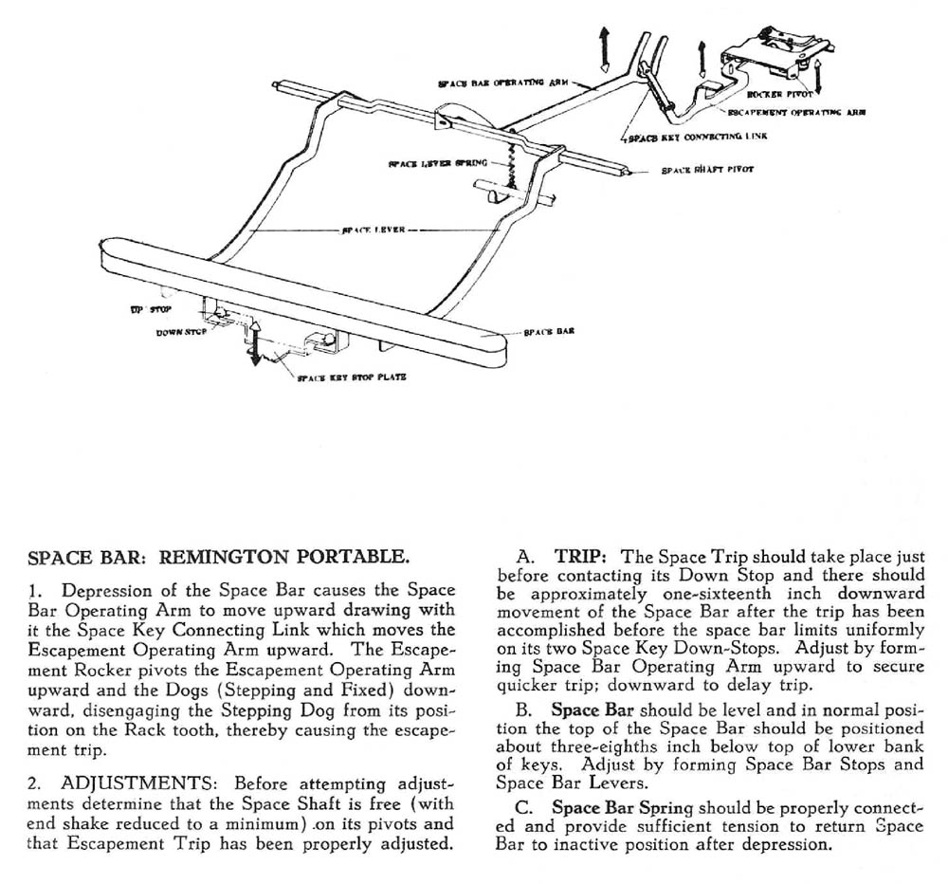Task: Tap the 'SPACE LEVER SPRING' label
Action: (x=437, y=162)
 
